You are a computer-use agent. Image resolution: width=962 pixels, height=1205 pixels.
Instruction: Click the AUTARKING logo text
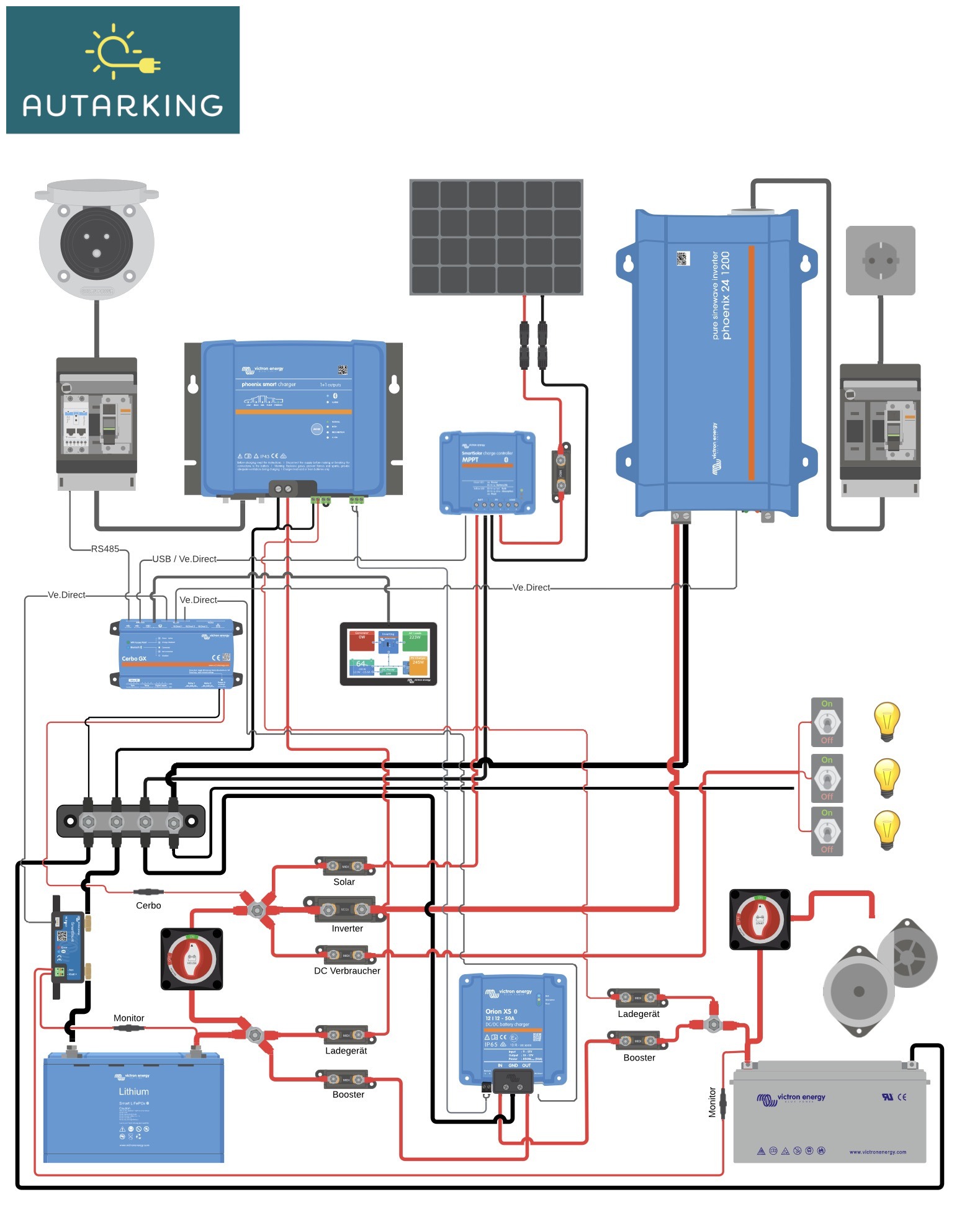click(x=122, y=105)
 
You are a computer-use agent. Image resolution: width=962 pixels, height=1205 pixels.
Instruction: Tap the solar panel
click(x=496, y=237)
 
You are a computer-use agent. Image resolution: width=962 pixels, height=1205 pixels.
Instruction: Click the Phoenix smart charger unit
click(x=294, y=419)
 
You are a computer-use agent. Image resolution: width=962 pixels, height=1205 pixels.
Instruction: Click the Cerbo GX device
click(x=176, y=653)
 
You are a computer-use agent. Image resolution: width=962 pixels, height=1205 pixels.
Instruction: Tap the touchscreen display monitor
click(x=389, y=654)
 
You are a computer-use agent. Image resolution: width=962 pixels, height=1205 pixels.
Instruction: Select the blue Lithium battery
click(x=133, y=1108)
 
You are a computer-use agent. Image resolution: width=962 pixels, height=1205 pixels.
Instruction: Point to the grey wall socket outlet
click(x=880, y=261)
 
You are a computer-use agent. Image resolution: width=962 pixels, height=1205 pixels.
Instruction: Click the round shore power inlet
click(x=97, y=242)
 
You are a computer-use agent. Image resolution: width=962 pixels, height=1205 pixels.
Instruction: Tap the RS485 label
click(x=105, y=549)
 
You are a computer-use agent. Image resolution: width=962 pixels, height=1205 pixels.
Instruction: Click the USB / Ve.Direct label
click(x=184, y=559)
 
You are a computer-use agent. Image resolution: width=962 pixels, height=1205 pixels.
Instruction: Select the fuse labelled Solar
click(x=345, y=866)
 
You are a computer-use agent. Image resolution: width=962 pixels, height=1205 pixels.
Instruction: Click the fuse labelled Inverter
click(x=345, y=910)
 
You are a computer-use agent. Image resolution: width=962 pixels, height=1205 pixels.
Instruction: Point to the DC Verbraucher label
click(x=347, y=971)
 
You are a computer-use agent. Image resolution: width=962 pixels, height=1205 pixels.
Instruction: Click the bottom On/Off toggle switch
click(x=827, y=831)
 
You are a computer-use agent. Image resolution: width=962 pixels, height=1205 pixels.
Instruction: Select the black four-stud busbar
click(x=131, y=822)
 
